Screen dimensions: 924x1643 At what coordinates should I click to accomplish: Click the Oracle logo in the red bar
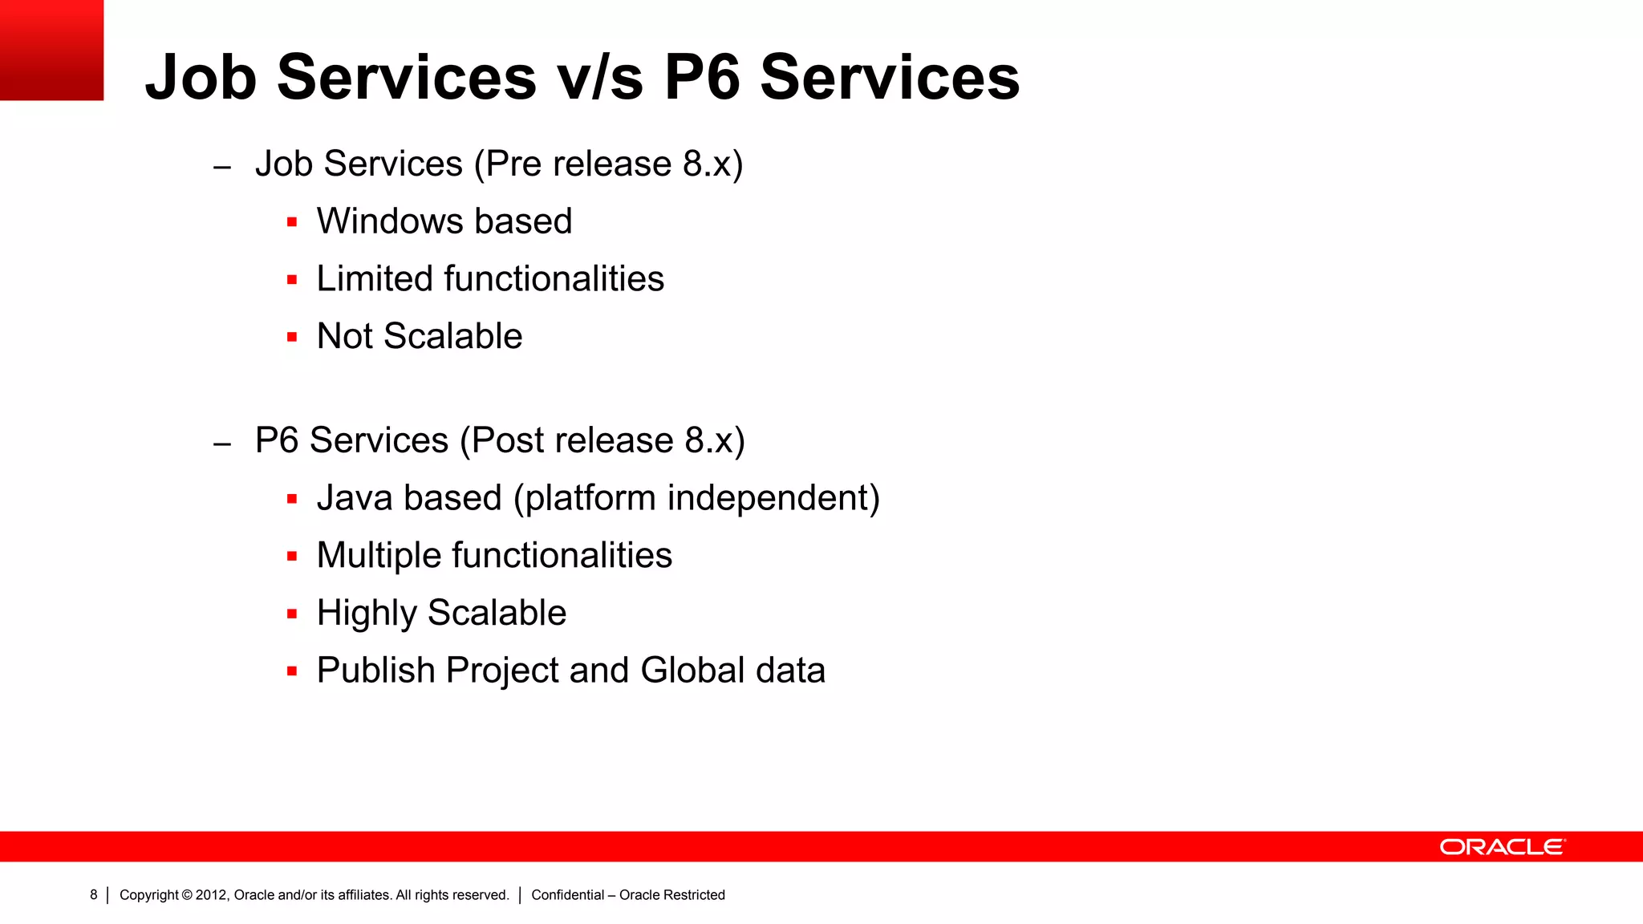[1502, 847]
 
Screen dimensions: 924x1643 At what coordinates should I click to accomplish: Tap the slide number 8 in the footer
[94, 894]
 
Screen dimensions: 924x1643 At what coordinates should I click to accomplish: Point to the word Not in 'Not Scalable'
[345, 336]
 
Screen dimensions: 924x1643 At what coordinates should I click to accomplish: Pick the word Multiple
[379, 556]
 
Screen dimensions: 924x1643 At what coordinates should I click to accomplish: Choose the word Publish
[375, 671]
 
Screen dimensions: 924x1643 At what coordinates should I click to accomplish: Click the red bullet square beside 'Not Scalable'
[292, 338]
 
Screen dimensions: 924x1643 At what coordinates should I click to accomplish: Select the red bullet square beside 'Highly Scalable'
[292, 614]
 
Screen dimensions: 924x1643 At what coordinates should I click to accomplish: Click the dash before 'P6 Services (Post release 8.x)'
[222, 444]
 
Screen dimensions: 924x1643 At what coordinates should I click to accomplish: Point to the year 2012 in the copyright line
[212, 895]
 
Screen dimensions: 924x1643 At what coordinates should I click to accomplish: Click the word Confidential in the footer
[567, 895]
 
